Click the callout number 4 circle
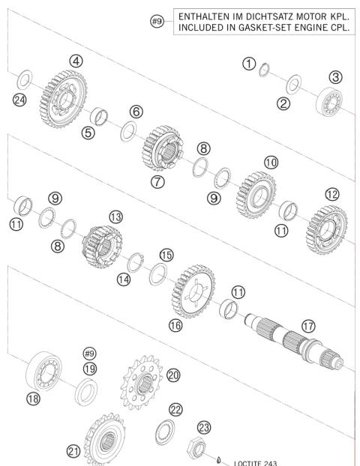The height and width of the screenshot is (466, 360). click(x=76, y=59)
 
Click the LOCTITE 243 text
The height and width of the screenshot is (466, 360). click(x=255, y=462)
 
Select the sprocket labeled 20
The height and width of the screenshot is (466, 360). click(x=141, y=387)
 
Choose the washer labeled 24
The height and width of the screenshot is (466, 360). click(x=24, y=77)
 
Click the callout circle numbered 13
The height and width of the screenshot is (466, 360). click(x=115, y=216)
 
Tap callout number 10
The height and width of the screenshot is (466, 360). click(x=270, y=163)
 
